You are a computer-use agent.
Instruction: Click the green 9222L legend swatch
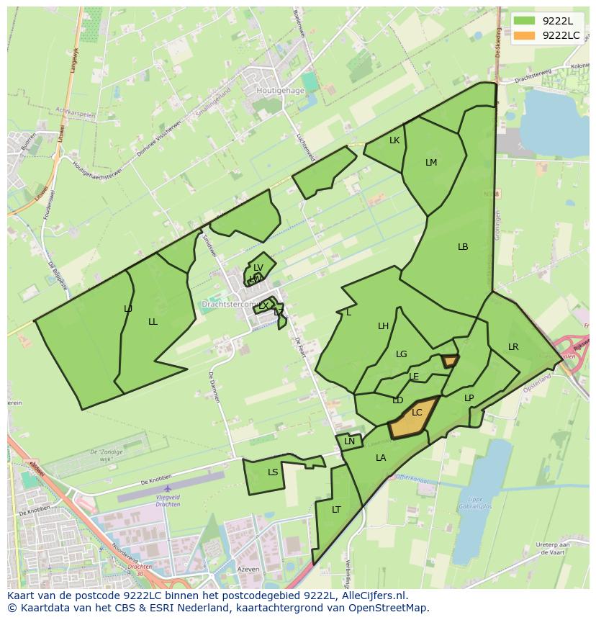click(x=524, y=21)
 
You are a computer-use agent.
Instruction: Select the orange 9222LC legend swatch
click(x=524, y=35)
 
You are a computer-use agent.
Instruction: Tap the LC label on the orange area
click(x=417, y=413)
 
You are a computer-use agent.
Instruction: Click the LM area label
click(x=431, y=163)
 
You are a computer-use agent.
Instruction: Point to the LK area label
click(x=394, y=140)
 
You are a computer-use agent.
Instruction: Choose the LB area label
click(x=463, y=247)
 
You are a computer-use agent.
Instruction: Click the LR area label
click(x=513, y=347)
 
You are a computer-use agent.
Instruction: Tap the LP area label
click(x=469, y=398)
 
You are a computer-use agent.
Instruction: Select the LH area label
click(x=384, y=326)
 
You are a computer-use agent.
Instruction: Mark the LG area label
click(x=402, y=354)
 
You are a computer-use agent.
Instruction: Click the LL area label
click(x=153, y=322)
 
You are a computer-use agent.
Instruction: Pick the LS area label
click(x=273, y=472)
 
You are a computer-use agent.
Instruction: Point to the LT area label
click(x=336, y=510)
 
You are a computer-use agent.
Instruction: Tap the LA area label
click(x=381, y=458)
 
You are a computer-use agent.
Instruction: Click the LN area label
click(x=350, y=441)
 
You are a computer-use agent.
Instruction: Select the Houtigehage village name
click(x=281, y=91)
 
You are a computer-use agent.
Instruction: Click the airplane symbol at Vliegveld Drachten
click(x=168, y=489)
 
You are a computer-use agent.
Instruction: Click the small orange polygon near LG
click(x=451, y=361)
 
